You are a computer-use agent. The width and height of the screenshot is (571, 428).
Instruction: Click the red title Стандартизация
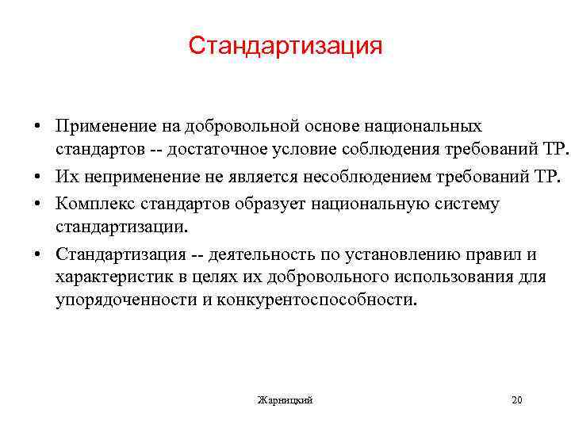coord(285,45)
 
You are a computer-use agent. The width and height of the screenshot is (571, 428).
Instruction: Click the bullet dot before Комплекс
coord(38,204)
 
